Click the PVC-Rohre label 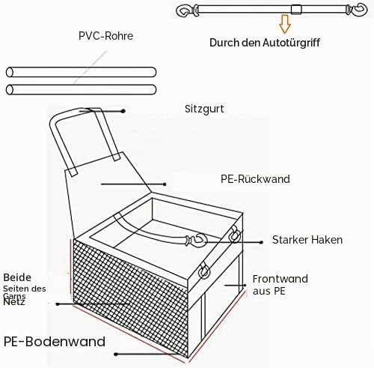pyautogui.click(x=105, y=36)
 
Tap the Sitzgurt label pyautogui.click(x=204, y=109)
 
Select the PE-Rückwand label pyautogui.click(x=255, y=179)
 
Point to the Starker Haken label pyautogui.click(x=307, y=240)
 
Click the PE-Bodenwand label pyautogui.click(x=55, y=341)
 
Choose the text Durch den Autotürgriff pyautogui.click(x=265, y=43)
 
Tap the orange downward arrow pyautogui.click(x=285, y=24)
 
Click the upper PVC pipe pyautogui.click(x=81, y=72)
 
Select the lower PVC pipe pyautogui.click(x=81, y=89)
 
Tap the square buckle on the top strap pyautogui.click(x=296, y=10)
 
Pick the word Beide pyautogui.click(x=17, y=277)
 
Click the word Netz pyautogui.click(x=14, y=302)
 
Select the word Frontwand pyautogui.click(x=280, y=279)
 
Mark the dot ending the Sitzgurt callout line pyautogui.click(x=123, y=111)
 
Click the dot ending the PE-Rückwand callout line pyautogui.click(x=165, y=184)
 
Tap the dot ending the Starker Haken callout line pyautogui.click(x=261, y=242)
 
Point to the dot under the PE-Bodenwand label pyautogui.click(x=116, y=354)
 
